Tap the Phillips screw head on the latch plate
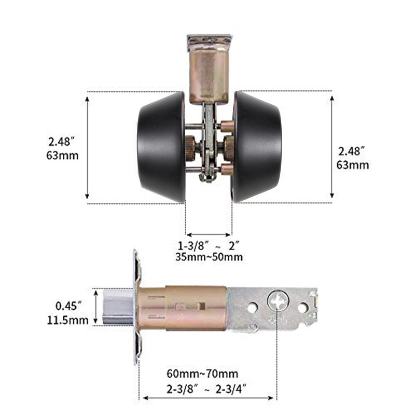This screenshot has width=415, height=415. [x=278, y=302]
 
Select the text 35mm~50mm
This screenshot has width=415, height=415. [x=209, y=257]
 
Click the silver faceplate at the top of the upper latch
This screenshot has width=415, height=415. [x=209, y=39]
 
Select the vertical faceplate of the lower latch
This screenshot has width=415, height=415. [x=137, y=307]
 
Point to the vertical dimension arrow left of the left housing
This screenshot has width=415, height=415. [x=88, y=147]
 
